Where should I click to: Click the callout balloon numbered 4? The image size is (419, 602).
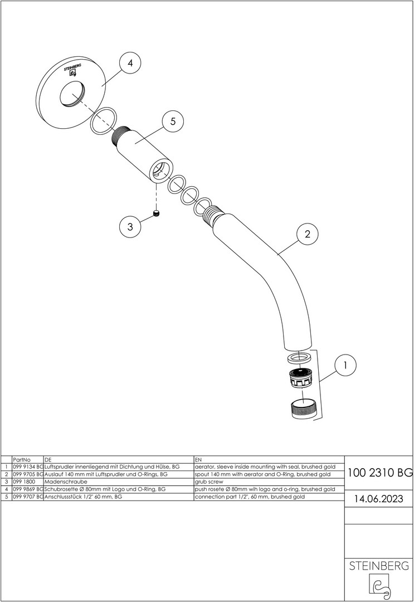tap(130, 63)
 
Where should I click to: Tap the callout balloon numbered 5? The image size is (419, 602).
tap(173, 122)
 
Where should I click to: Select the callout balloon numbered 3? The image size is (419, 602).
tap(130, 226)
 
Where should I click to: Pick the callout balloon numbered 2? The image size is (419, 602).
tap(307, 234)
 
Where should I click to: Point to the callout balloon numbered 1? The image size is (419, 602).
tap(345, 365)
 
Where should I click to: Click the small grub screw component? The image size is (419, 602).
tap(156, 213)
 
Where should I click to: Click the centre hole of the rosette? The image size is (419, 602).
tap(72, 94)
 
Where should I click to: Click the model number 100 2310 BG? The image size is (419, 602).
tap(380, 473)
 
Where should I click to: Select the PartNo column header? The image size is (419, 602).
tap(22, 459)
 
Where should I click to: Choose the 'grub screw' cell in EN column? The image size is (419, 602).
tap(209, 482)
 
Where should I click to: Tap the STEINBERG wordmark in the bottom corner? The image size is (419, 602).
tap(379, 566)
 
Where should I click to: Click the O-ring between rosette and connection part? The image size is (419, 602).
tap(104, 121)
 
